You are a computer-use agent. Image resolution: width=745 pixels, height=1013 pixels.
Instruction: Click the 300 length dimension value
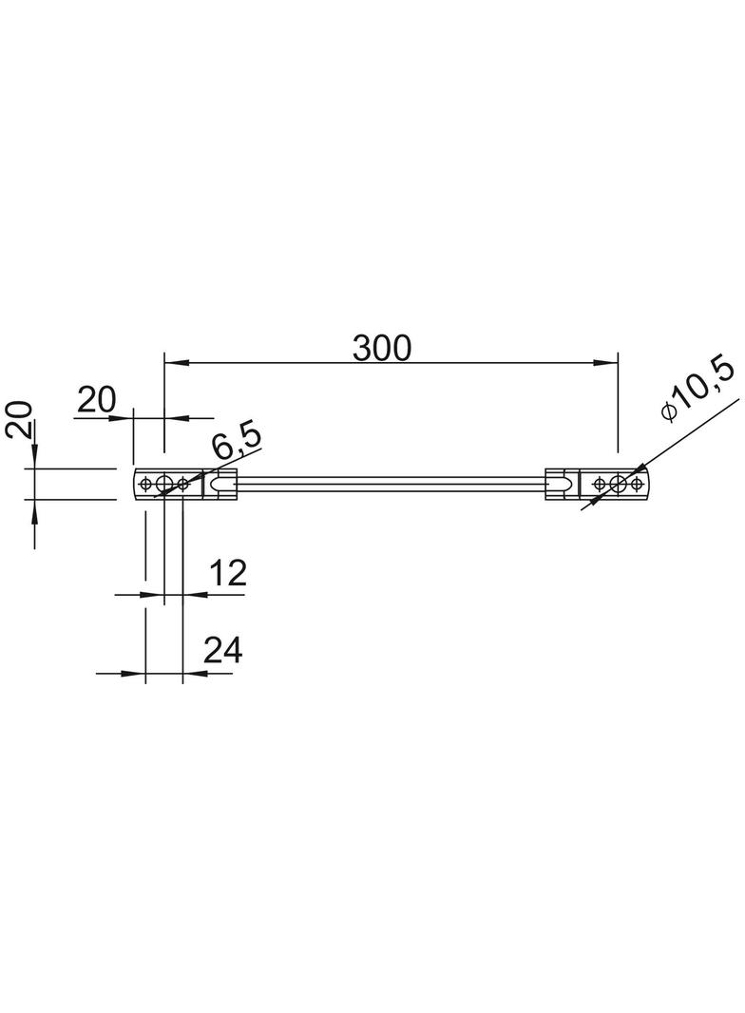click(x=381, y=348)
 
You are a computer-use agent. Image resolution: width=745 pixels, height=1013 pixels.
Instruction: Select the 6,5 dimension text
click(x=238, y=442)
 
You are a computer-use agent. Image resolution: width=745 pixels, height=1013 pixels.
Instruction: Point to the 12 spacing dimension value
click(x=227, y=572)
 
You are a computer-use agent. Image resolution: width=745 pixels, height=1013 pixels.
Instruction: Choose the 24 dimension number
click(x=223, y=651)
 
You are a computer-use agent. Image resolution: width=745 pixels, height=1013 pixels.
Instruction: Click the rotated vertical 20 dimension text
click(x=18, y=421)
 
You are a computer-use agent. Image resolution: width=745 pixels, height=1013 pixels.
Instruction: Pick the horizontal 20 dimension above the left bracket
click(x=96, y=400)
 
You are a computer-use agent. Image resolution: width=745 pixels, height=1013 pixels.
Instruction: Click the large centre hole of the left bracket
click(x=164, y=483)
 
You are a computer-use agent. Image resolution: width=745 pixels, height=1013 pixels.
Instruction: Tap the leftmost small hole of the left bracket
click(x=146, y=483)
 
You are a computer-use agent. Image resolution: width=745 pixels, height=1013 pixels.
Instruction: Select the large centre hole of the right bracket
click(x=619, y=483)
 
